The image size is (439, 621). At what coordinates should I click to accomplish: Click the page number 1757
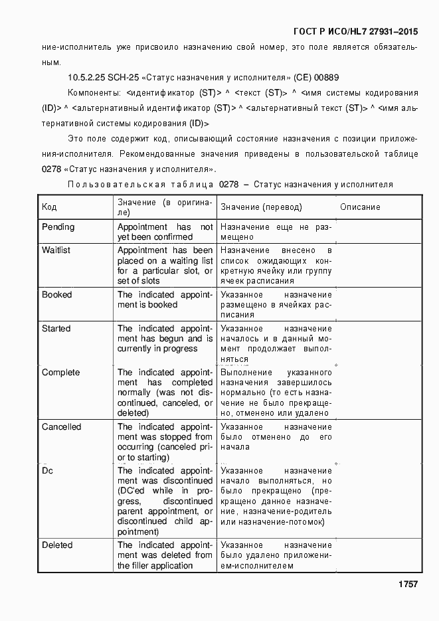[407, 584]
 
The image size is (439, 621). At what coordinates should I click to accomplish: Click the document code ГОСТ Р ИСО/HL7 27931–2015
[355, 31]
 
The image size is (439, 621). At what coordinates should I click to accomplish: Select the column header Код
[49, 207]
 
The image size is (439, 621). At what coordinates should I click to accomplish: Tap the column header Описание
[360, 207]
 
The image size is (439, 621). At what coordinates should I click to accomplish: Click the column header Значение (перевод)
[261, 207]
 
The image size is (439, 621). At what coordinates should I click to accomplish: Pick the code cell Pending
[58, 227]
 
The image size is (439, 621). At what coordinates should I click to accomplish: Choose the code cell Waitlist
[56, 250]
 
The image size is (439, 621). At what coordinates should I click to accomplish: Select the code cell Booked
[56, 295]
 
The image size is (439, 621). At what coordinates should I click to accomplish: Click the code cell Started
[56, 329]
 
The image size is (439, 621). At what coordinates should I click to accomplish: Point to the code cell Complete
[60, 373]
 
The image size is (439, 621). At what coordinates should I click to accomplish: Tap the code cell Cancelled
[61, 427]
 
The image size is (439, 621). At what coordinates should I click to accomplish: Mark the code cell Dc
[47, 471]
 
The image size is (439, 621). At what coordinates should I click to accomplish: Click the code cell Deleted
[57, 545]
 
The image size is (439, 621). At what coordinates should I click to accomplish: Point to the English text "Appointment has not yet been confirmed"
[165, 232]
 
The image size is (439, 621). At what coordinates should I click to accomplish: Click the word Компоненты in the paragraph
[92, 92]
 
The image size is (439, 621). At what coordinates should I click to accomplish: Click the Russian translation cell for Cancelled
[276, 437]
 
